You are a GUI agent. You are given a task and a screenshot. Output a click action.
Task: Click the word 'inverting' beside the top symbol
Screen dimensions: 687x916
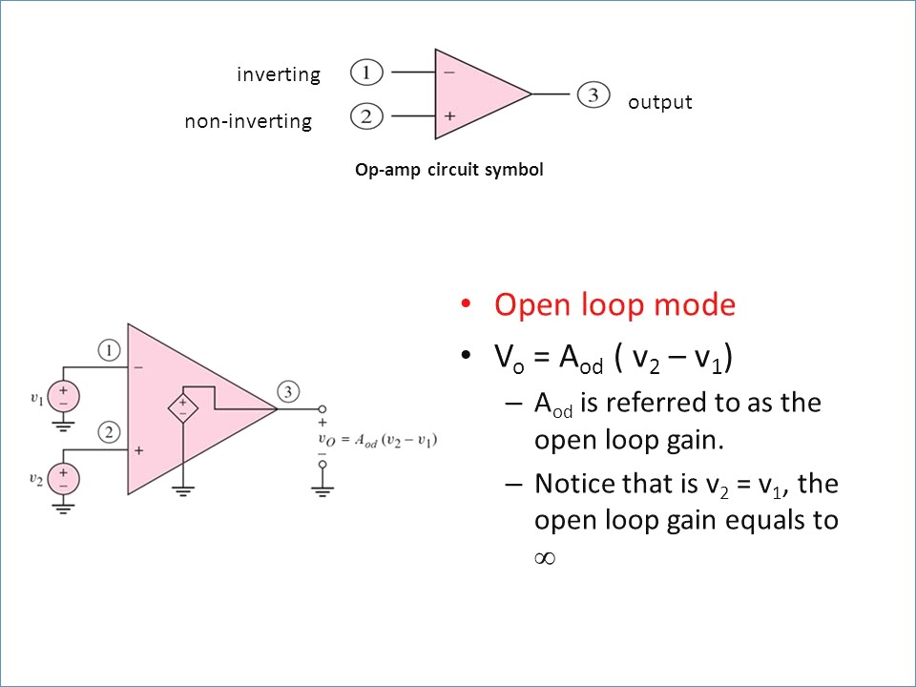point(279,74)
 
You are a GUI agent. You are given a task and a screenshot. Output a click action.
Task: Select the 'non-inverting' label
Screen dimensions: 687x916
point(248,121)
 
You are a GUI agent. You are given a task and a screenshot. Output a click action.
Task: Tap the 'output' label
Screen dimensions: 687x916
point(659,102)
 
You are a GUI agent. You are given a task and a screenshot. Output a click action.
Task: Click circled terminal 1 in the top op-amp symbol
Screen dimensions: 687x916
point(366,72)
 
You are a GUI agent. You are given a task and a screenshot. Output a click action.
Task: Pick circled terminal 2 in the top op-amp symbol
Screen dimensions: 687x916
point(366,117)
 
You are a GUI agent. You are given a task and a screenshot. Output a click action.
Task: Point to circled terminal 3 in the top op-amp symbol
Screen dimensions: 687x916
point(593,94)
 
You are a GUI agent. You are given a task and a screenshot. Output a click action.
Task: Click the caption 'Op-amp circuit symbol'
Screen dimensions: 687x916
point(448,170)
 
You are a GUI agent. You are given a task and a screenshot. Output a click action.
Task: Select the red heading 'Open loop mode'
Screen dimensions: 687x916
point(614,305)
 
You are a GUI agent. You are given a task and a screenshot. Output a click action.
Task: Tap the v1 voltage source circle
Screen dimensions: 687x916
point(64,396)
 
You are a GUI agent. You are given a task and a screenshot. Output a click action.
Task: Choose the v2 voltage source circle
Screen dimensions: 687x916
point(64,476)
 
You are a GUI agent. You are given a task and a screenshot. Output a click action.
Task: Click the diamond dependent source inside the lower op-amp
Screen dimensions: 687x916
point(182,407)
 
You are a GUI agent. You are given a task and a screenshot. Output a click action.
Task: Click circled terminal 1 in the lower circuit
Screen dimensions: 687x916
point(111,351)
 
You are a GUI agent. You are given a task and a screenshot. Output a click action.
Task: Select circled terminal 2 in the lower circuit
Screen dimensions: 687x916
point(111,432)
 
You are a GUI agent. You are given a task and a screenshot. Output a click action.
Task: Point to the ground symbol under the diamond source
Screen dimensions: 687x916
point(182,490)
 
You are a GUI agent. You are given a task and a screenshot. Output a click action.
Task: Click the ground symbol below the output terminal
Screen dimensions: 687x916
point(323,490)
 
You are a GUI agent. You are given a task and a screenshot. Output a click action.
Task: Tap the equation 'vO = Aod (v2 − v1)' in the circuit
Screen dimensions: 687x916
point(380,440)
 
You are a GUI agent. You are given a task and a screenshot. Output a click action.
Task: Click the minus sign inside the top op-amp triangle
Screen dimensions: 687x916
point(449,71)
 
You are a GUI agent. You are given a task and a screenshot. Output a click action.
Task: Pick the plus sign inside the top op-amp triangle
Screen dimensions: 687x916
point(449,117)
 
